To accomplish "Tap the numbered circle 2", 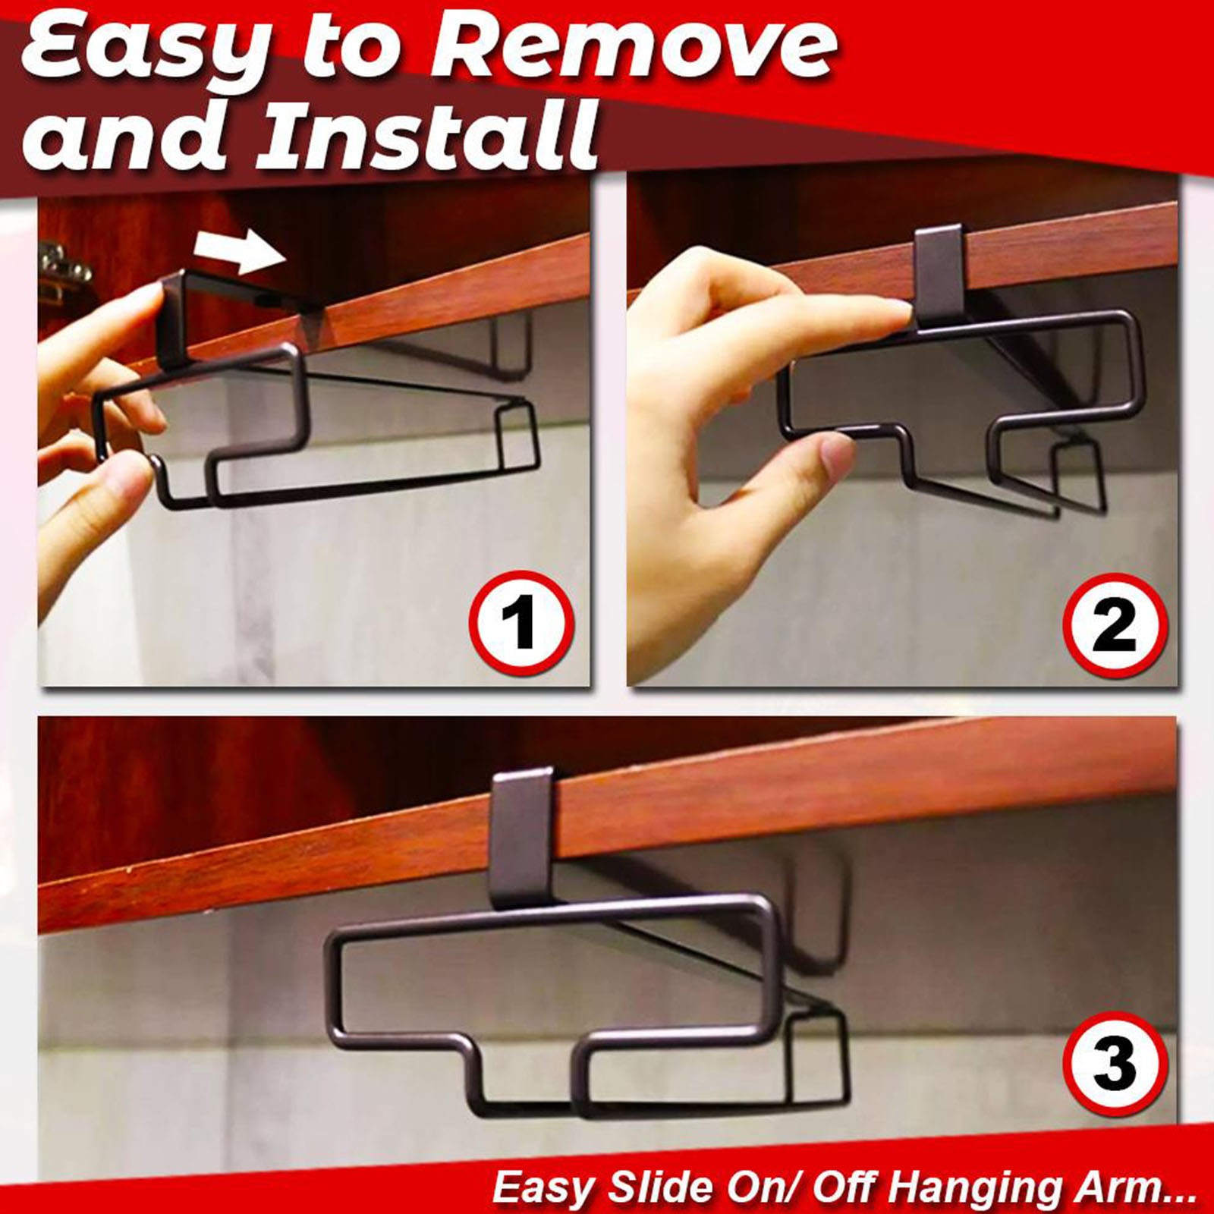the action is [1114, 624].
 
